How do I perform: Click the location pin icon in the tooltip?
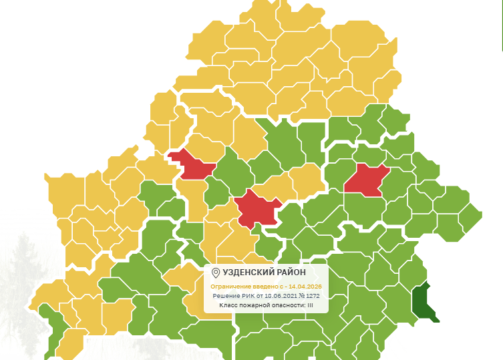(215, 273)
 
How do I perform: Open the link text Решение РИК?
(228, 295)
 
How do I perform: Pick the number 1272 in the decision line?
(311, 295)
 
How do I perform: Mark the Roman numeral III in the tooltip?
(311, 305)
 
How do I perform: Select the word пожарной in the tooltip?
(257, 305)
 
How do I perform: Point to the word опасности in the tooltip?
(289, 305)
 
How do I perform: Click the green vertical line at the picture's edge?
(502, 27)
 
